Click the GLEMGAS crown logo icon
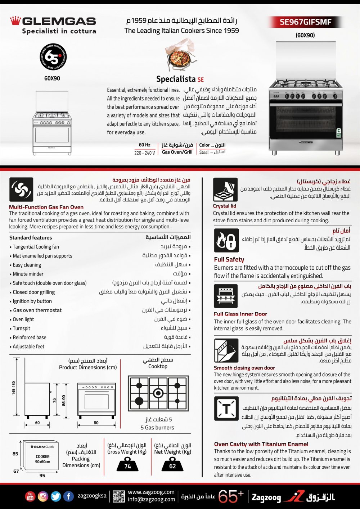coord(15,21)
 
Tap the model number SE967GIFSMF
coord(305,22)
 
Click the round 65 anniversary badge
coord(53,57)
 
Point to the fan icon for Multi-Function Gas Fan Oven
coord(21,190)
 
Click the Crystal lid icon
coord(225,190)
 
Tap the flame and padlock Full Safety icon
coord(226,241)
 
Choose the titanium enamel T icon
coord(226,409)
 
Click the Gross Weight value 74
coord(127,466)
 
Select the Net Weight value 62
coord(172,466)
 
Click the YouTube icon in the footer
coord(30,496)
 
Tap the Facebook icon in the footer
coord(68,496)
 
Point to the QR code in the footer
coord(118,496)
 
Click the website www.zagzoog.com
coord(151,492)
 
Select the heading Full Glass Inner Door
coord(240,314)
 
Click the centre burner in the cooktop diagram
coord(158,393)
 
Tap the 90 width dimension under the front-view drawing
coord(96,423)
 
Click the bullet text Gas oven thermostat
coord(37,310)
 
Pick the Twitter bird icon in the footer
coord(56,496)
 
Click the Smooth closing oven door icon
coord(226,351)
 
